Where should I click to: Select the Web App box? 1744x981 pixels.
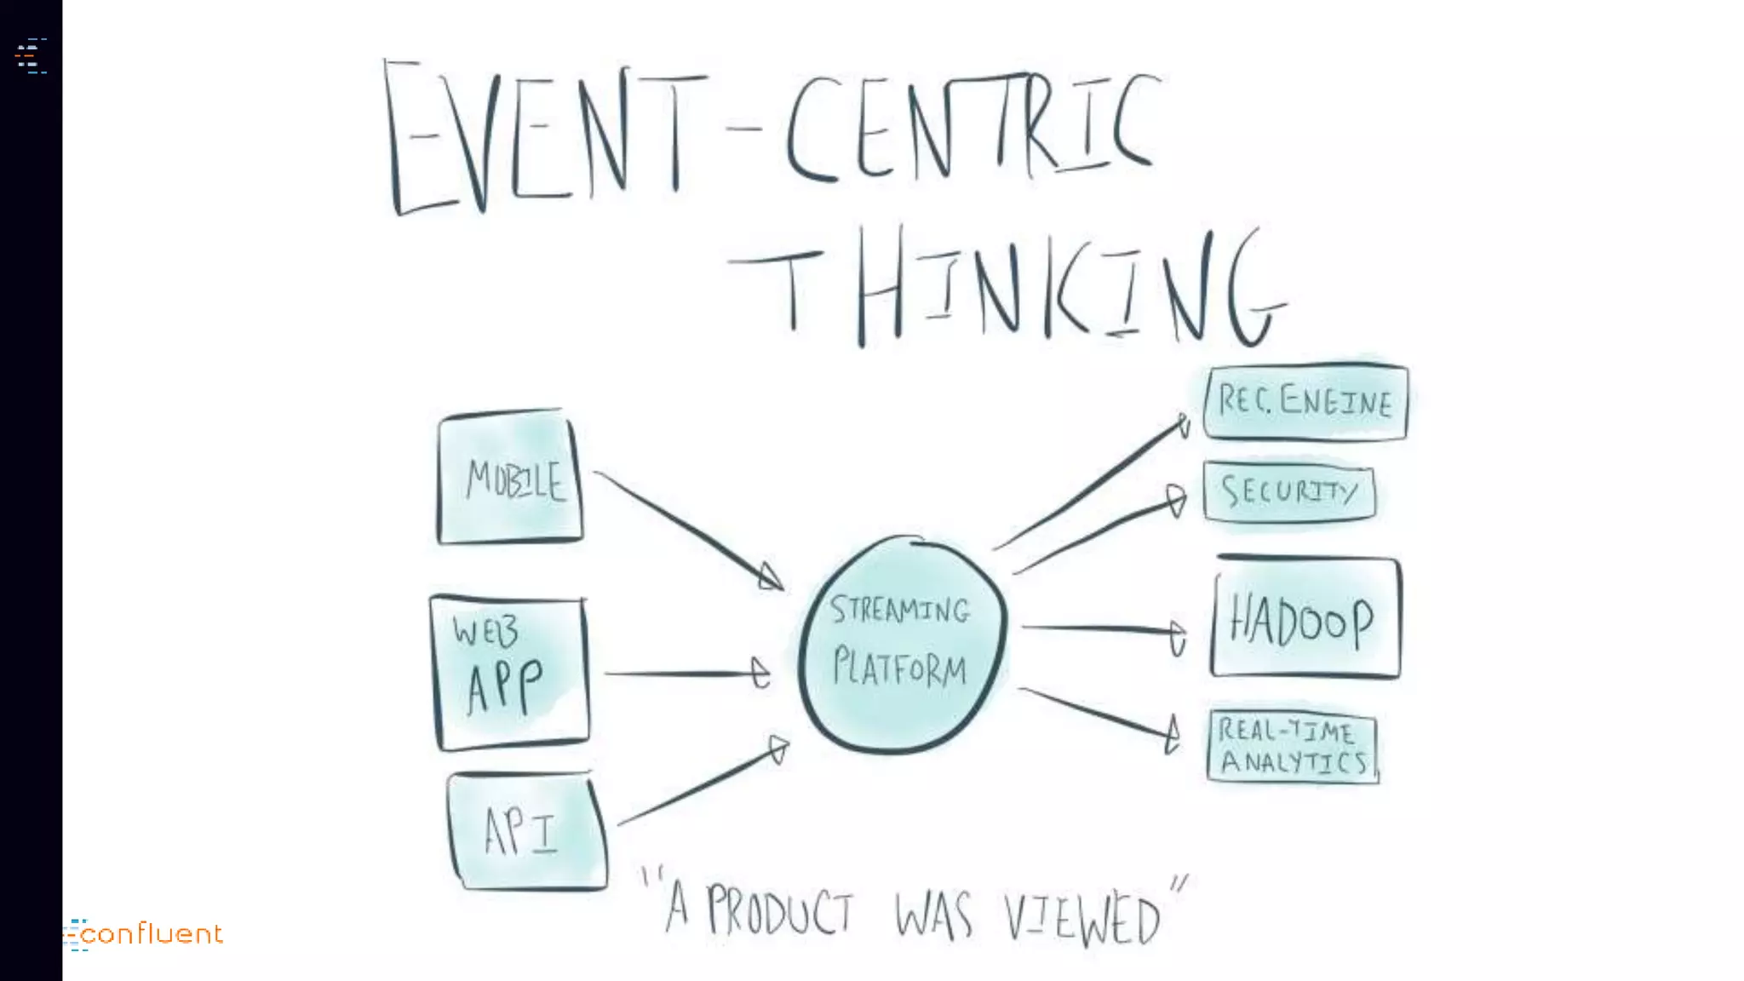(x=509, y=673)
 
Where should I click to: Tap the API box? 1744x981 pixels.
(x=526, y=831)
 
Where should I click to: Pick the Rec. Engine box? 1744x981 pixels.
(x=1305, y=401)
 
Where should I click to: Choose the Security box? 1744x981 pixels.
(x=1288, y=491)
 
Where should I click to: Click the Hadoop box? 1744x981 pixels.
(x=1305, y=618)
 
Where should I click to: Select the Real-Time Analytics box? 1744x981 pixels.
(x=1292, y=747)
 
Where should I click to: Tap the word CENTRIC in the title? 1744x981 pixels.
(x=971, y=128)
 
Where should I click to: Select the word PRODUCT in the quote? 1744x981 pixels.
(x=779, y=911)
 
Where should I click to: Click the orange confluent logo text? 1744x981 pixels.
(x=153, y=934)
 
